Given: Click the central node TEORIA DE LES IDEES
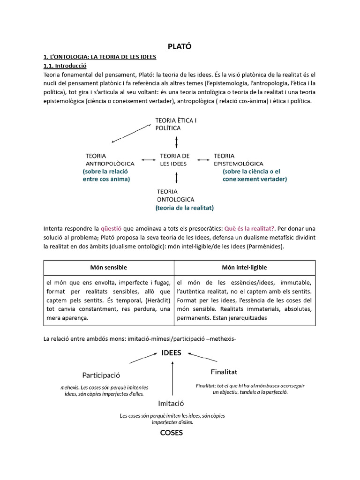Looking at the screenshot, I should coord(174,159).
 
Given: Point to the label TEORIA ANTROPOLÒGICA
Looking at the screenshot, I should coord(110,159).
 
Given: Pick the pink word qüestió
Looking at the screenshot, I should coord(111,229).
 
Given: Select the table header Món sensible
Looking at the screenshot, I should coord(109,267).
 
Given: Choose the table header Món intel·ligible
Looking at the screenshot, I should coord(245,267).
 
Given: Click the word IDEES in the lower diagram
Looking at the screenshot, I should coord(171,353).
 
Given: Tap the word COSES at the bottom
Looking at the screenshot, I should coord(171,433).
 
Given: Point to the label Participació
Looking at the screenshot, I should coord(101,375).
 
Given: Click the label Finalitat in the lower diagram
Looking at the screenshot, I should coord(224,372).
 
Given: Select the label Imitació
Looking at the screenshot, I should coord(171,403).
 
